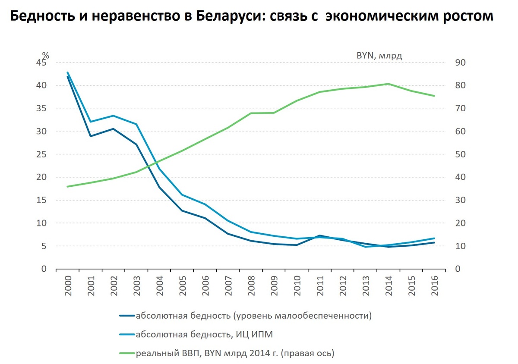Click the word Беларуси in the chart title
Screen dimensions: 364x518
pyautogui.click(x=225, y=16)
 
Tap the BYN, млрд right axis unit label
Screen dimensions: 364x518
pyautogui.click(x=379, y=55)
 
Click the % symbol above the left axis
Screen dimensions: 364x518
pyautogui.click(x=46, y=55)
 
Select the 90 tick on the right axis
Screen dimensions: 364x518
pyautogui.click(x=457, y=63)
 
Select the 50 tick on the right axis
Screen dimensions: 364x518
pyautogui.click(x=457, y=154)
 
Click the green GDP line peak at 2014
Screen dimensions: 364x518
pyautogui.click(x=388, y=84)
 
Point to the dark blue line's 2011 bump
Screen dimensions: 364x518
pyautogui.click(x=320, y=235)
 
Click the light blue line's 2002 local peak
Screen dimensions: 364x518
pyautogui.click(x=114, y=116)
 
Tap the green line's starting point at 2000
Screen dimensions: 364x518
pyautogui.click(x=68, y=186)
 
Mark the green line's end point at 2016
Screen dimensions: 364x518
pyautogui.click(x=434, y=96)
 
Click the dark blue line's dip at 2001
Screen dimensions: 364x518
pyautogui.click(x=91, y=136)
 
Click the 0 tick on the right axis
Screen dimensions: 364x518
pyautogui.click(x=454, y=269)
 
